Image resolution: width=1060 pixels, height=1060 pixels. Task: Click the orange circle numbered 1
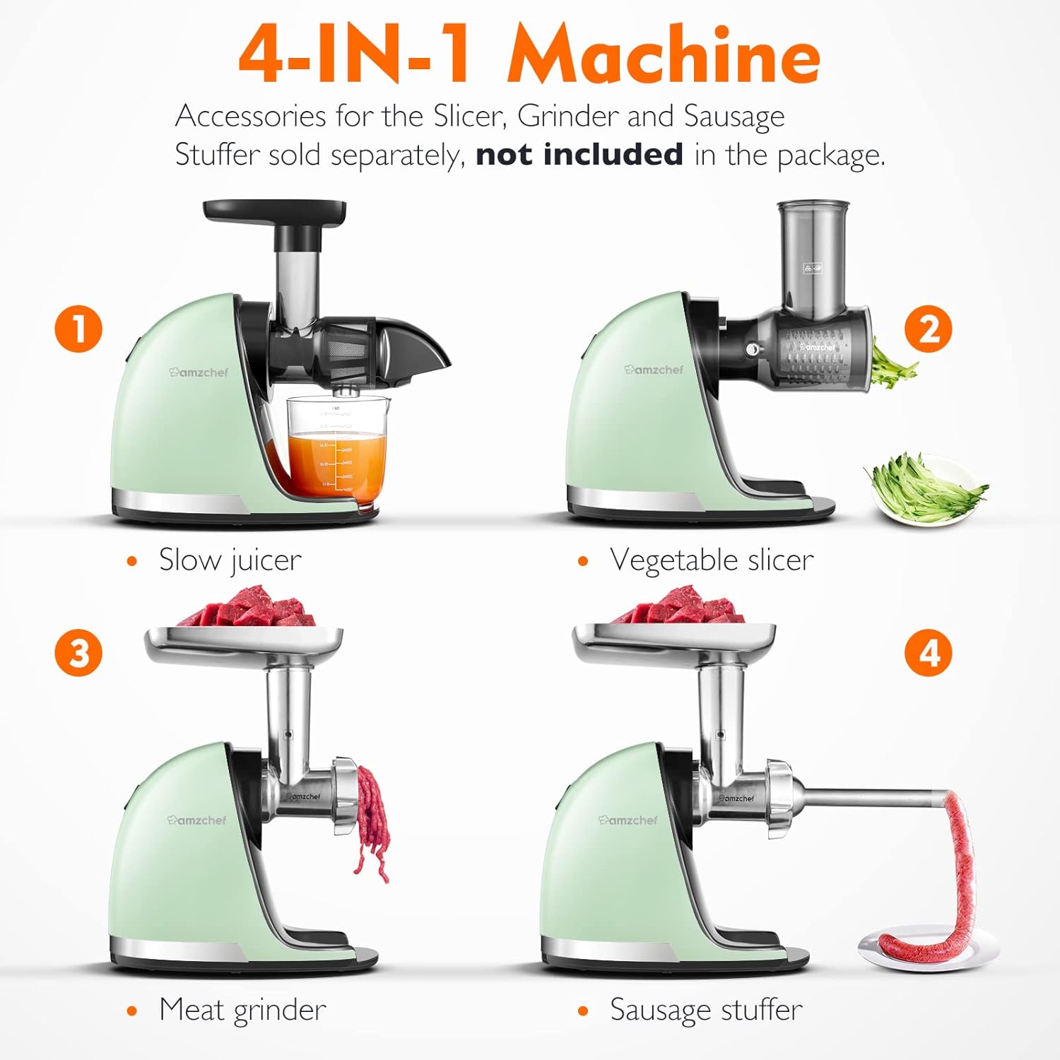coord(78,329)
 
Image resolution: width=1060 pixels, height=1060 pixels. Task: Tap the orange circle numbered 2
coord(929,329)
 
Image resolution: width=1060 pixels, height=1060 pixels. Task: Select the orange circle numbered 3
coord(78,652)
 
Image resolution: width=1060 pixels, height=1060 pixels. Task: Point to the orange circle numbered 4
coord(929,652)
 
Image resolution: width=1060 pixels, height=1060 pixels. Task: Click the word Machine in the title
coord(664,54)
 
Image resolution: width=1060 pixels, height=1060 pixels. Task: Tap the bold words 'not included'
coord(579,154)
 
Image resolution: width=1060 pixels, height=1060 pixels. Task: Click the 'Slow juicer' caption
coord(230,560)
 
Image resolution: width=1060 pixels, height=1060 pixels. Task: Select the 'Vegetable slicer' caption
coord(712,560)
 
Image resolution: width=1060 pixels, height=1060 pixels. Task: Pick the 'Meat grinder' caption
coord(242,1010)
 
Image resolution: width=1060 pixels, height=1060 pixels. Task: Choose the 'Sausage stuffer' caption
coord(706,1010)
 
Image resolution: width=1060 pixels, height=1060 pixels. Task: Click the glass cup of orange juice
coord(338,452)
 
